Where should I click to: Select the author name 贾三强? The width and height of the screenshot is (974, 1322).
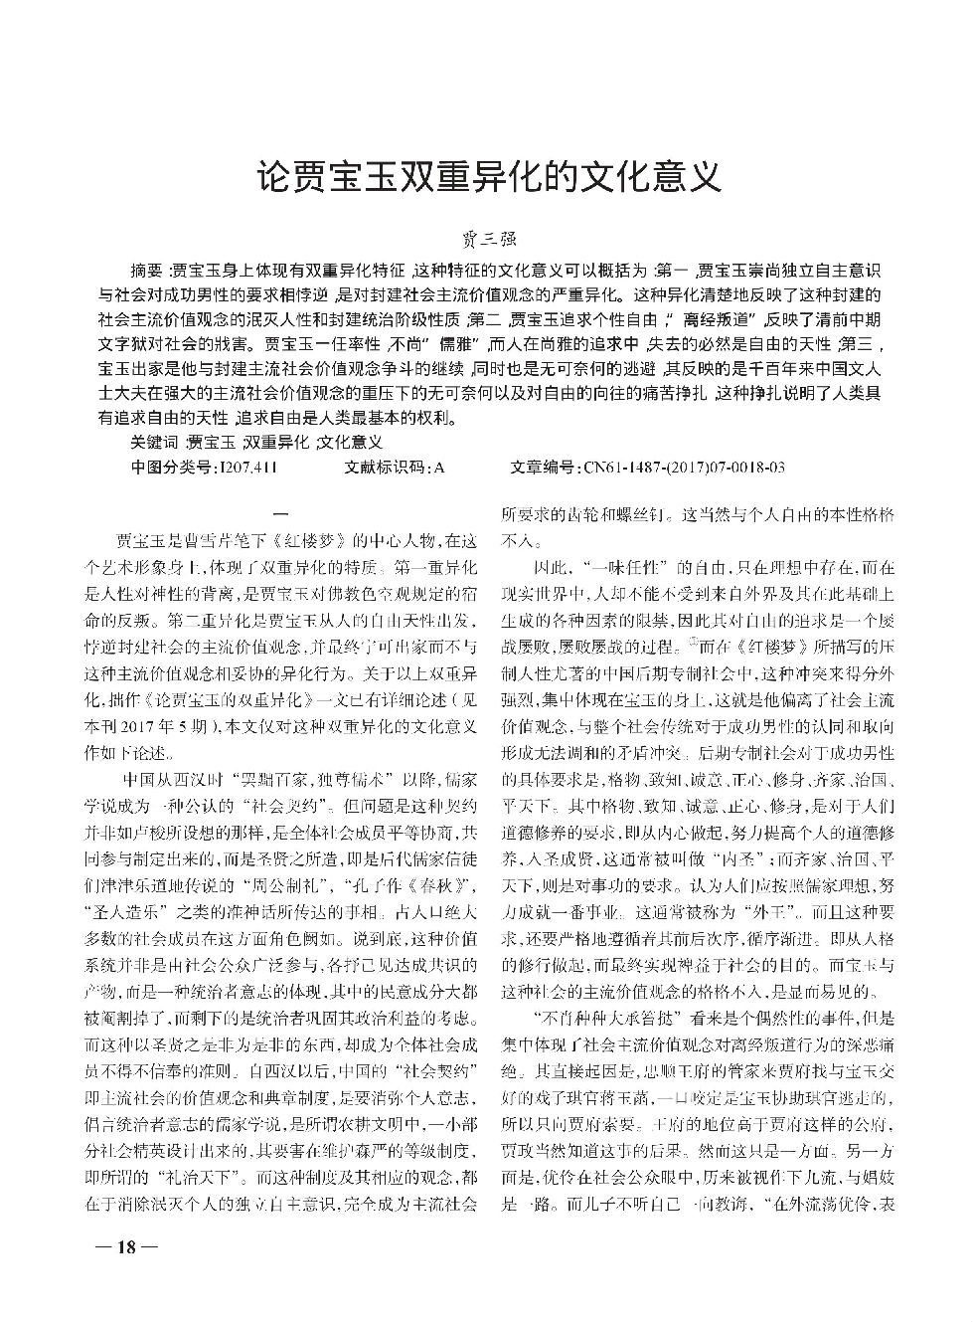[487, 240]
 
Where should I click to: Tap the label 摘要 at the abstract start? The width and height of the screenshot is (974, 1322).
[150, 271]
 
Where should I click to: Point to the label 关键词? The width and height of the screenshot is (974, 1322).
[156, 441]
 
